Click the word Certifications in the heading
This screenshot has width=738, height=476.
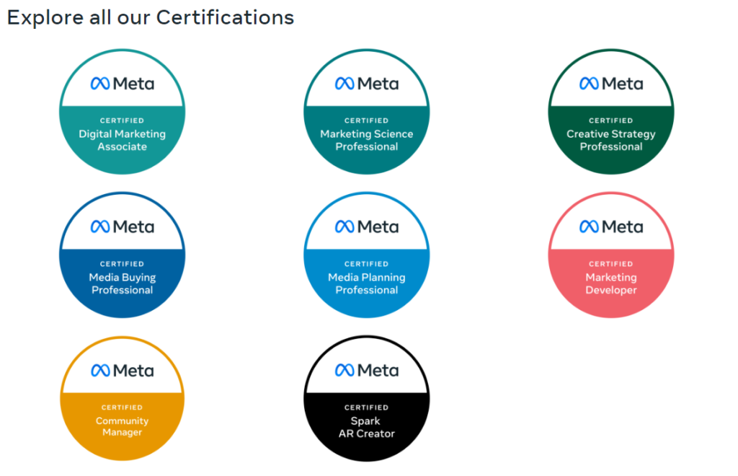pyautogui.click(x=225, y=17)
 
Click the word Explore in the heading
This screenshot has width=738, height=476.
pyautogui.click(x=45, y=18)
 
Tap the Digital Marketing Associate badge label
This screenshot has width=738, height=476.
pyautogui.click(x=123, y=141)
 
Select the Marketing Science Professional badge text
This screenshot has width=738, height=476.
pyautogui.click(x=367, y=141)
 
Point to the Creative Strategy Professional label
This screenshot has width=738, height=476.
pyautogui.click(x=611, y=141)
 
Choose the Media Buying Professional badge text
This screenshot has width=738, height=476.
pyautogui.click(x=123, y=283)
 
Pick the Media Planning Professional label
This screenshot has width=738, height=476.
pyautogui.click(x=367, y=283)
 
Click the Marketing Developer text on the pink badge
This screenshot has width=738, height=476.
pyautogui.click(x=611, y=283)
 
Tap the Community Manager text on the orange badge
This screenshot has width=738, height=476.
pyautogui.click(x=123, y=426)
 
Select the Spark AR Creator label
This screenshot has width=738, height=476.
pyautogui.click(x=367, y=427)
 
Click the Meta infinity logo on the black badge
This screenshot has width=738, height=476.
pyautogui.click(x=344, y=371)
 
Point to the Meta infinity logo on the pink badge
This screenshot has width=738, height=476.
pyautogui.click(x=589, y=227)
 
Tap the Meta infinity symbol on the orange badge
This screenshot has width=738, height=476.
pyautogui.click(x=100, y=371)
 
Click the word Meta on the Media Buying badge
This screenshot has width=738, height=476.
pyautogui.click(x=133, y=227)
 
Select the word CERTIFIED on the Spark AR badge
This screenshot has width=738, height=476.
pyautogui.click(x=367, y=407)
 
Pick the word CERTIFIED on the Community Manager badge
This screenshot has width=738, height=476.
pyautogui.click(x=122, y=407)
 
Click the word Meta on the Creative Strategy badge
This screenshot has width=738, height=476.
pyautogui.click(x=623, y=84)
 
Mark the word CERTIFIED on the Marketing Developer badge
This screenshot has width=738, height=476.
pyautogui.click(x=611, y=264)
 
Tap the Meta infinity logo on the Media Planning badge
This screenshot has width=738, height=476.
pyautogui.click(x=344, y=227)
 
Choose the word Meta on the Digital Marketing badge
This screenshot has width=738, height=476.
pyautogui.click(x=133, y=84)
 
